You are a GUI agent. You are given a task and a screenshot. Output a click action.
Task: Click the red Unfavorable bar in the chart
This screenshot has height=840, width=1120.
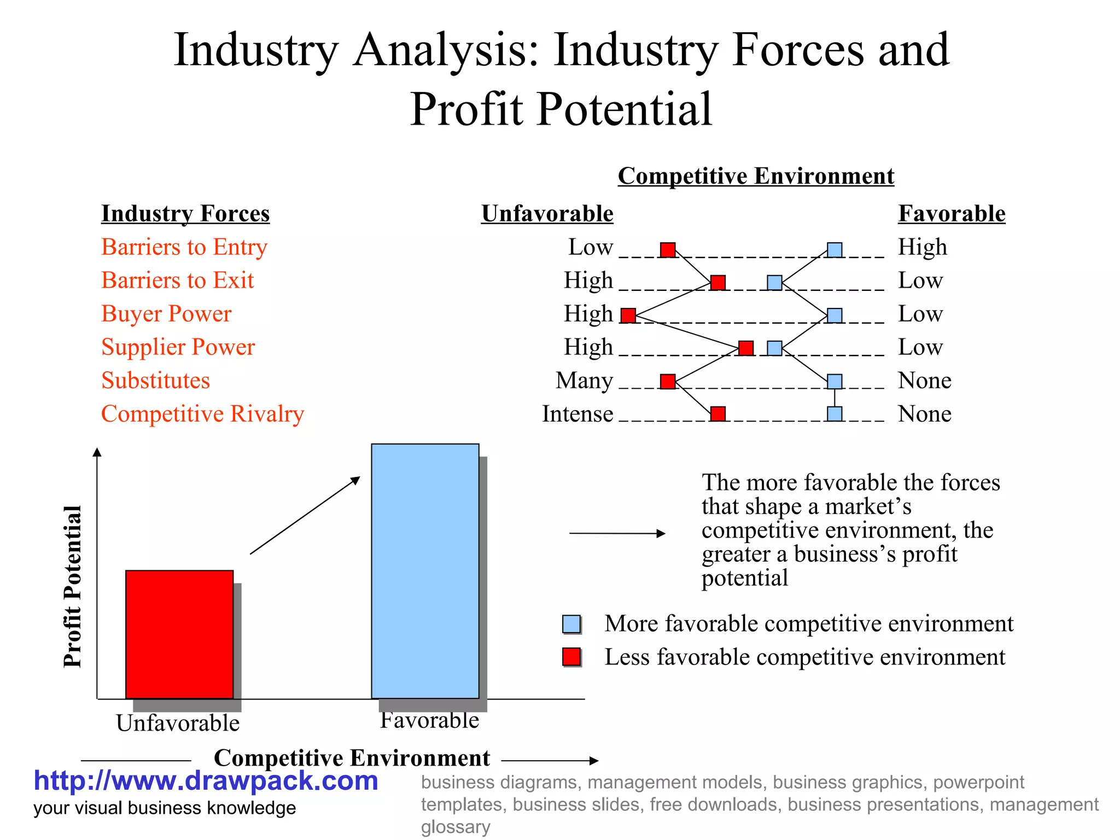(x=179, y=634)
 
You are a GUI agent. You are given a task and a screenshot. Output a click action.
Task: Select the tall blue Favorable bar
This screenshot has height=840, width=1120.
(x=425, y=571)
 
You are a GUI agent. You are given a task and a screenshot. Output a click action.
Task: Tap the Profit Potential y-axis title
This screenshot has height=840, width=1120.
(x=72, y=586)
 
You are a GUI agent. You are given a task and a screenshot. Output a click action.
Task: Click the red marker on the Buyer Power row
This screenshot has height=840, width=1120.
(x=628, y=316)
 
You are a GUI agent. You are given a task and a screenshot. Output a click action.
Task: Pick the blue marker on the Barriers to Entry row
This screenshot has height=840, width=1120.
(x=834, y=250)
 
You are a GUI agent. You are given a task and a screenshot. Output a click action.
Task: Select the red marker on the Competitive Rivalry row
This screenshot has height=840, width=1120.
(x=718, y=414)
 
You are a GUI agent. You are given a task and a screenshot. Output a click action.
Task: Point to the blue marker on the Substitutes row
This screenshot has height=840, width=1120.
(x=834, y=381)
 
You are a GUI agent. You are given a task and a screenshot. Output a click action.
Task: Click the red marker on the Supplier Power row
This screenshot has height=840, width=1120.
(x=745, y=348)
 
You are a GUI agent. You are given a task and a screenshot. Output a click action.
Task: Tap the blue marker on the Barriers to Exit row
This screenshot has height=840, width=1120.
(x=774, y=283)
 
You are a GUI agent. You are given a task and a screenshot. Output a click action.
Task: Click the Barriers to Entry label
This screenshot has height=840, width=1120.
(x=184, y=247)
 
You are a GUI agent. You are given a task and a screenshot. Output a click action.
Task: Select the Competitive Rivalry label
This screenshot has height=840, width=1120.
(x=202, y=414)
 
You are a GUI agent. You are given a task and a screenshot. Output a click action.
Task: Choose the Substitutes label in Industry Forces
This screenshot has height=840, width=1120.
(x=156, y=381)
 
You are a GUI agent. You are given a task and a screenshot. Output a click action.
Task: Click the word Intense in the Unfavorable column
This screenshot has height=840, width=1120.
(x=577, y=414)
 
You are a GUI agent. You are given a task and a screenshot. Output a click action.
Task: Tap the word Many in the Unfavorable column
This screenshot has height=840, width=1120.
(x=584, y=381)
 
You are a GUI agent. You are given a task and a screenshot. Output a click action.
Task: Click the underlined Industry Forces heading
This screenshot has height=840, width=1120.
(x=185, y=213)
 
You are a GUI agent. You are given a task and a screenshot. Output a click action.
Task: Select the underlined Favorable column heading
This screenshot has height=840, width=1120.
(x=951, y=213)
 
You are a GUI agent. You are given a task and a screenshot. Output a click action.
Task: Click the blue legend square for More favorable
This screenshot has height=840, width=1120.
(x=571, y=624)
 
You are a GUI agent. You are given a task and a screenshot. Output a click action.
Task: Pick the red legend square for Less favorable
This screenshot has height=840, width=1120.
(x=571, y=657)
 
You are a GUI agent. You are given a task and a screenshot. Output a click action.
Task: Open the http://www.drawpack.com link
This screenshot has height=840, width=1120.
(x=206, y=781)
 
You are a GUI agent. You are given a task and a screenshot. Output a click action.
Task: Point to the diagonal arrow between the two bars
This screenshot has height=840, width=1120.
(x=305, y=515)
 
